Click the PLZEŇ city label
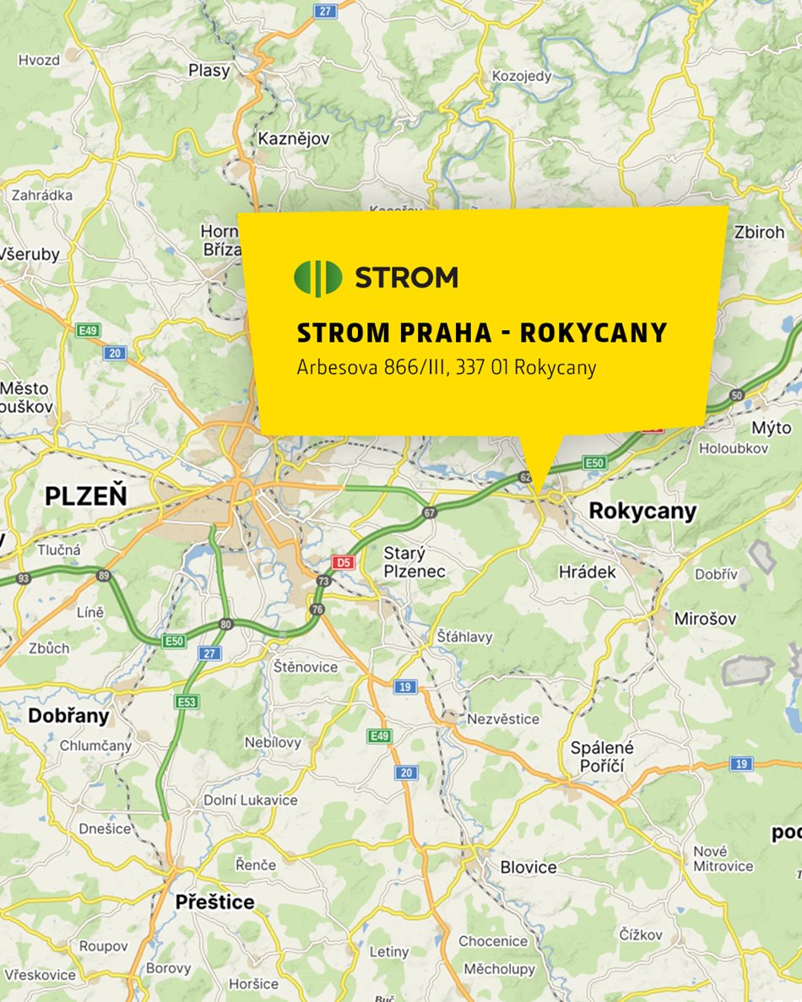[x=86, y=495]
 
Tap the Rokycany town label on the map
[x=642, y=511]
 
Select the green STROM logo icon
[x=317, y=278]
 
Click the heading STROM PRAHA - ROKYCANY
[x=482, y=333]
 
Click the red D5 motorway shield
[x=342, y=561]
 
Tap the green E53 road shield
[x=187, y=701]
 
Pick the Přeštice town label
[x=214, y=902]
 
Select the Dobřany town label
[x=69, y=716]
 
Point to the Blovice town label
[x=528, y=867]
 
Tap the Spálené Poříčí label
[x=602, y=756]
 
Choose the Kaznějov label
[x=294, y=138]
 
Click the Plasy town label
[x=209, y=71]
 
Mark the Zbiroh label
[x=759, y=232]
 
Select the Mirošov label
[x=705, y=619]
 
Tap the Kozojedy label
[x=522, y=76]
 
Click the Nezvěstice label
[x=503, y=719]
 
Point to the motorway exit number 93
[x=24, y=578]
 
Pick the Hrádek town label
[x=588, y=571]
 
